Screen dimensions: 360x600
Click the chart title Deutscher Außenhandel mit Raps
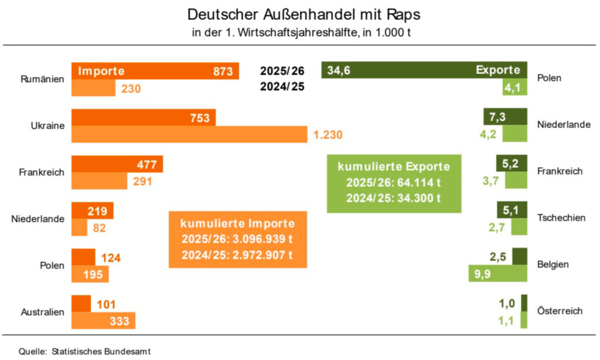point(304,13)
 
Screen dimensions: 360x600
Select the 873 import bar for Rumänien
point(155,71)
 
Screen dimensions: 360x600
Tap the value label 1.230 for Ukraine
point(328,134)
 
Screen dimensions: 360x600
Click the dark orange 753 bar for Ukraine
point(143,117)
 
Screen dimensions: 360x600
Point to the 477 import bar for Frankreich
point(117,164)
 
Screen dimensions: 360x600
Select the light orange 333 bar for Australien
point(103,320)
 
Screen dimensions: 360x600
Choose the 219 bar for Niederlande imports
point(92,210)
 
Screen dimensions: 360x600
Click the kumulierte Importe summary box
point(237,239)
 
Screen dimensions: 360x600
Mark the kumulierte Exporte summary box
point(394,182)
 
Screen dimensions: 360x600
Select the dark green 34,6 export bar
point(424,70)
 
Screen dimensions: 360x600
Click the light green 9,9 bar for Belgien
point(498,273)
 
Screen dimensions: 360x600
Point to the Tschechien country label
point(561,218)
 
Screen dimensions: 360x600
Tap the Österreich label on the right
point(560,311)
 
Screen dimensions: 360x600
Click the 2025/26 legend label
point(282,71)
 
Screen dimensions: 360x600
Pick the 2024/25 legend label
point(282,88)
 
